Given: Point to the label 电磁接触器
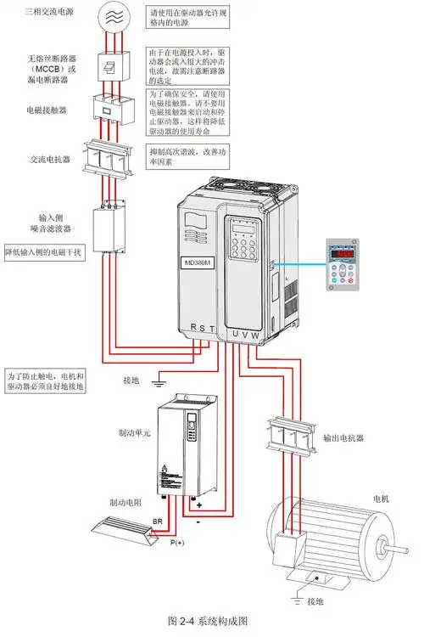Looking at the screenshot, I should click(48, 110).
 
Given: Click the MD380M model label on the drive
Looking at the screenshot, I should click(199, 262).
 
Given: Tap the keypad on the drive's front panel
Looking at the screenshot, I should click(245, 254).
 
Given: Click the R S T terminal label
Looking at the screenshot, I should click(203, 327).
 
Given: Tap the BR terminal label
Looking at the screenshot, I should click(158, 521).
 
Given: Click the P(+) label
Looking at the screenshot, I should click(176, 542).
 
